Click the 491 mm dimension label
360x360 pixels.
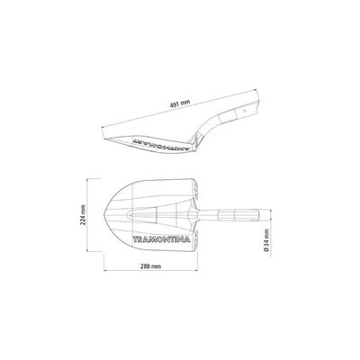click(x=180, y=103)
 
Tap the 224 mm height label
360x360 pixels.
click(x=83, y=214)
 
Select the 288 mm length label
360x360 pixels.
click(x=150, y=266)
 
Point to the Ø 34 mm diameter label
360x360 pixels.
click(x=266, y=239)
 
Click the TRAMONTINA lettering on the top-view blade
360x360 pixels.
click(x=161, y=239)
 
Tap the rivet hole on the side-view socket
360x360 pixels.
click(x=244, y=110)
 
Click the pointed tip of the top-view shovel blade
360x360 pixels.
click(x=104, y=214)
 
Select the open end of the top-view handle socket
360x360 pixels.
click(x=257, y=215)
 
